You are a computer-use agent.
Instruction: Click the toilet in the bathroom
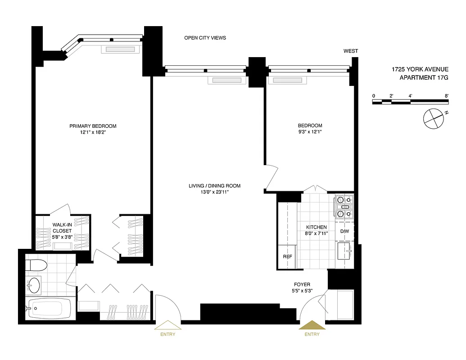tap(35, 265)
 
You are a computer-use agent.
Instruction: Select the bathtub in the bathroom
tap(46, 308)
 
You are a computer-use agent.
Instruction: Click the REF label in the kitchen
tap(287, 256)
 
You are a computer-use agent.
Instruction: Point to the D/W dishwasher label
tap(344, 231)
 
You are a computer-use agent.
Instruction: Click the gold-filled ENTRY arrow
tap(312, 325)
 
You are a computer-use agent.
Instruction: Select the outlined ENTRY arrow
tap(167, 325)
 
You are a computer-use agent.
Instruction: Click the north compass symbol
tap(434, 118)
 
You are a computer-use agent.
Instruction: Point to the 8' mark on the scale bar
tap(446, 96)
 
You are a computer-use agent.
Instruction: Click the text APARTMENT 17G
tap(424, 78)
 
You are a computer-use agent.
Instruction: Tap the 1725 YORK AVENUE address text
tap(420, 69)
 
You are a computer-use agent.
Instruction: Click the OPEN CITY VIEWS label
tap(205, 38)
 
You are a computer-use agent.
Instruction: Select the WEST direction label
tap(351, 51)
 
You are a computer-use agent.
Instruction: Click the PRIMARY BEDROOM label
tap(93, 126)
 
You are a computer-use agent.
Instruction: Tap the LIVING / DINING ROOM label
tap(214, 186)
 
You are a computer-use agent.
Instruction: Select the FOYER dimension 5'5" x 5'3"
tap(302, 291)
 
